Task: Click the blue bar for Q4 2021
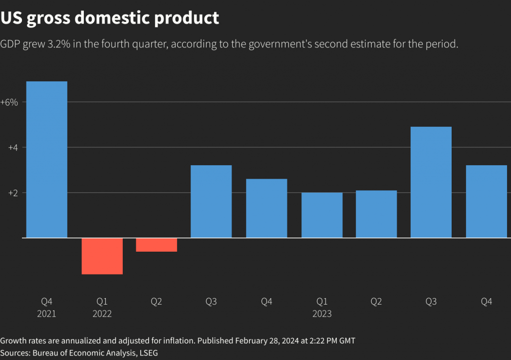pyautogui.click(x=46, y=159)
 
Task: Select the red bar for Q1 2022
pyautogui.click(x=102, y=256)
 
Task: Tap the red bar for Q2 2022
pyautogui.click(x=157, y=245)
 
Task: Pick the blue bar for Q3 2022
pyautogui.click(x=211, y=201)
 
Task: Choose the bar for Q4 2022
pyautogui.click(x=266, y=208)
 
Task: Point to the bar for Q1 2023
pyautogui.click(x=322, y=215)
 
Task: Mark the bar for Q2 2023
pyautogui.click(x=376, y=214)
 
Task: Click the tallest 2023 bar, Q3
pyautogui.click(x=431, y=182)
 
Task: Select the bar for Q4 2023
pyautogui.click(x=487, y=201)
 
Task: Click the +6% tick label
pyautogui.click(x=9, y=102)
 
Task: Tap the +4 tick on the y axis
pyautogui.click(x=12, y=148)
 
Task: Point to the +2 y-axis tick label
pyautogui.click(x=12, y=193)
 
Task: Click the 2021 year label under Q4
pyautogui.click(x=46, y=314)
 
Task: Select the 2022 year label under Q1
pyautogui.click(x=102, y=314)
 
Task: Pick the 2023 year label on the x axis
pyautogui.click(x=322, y=314)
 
